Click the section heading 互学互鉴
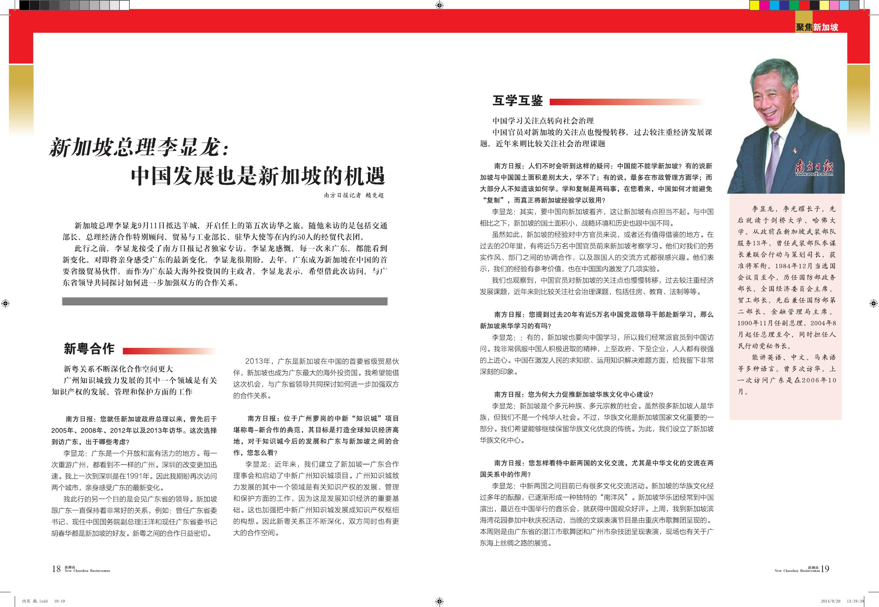tap(518, 101)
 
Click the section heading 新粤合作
tap(89, 349)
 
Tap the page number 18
tap(56, 569)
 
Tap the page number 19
tap(825, 569)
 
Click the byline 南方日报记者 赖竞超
tap(354, 195)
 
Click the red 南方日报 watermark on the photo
tap(814, 167)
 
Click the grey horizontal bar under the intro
tap(225, 302)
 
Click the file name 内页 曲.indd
tap(35, 601)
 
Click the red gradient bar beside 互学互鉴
tap(627, 102)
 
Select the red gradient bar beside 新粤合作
tap(170, 351)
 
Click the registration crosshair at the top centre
tap(439, 5)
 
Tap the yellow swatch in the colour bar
tap(754, 5)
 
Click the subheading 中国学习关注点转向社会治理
tap(543, 121)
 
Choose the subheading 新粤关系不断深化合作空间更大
tap(118, 369)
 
